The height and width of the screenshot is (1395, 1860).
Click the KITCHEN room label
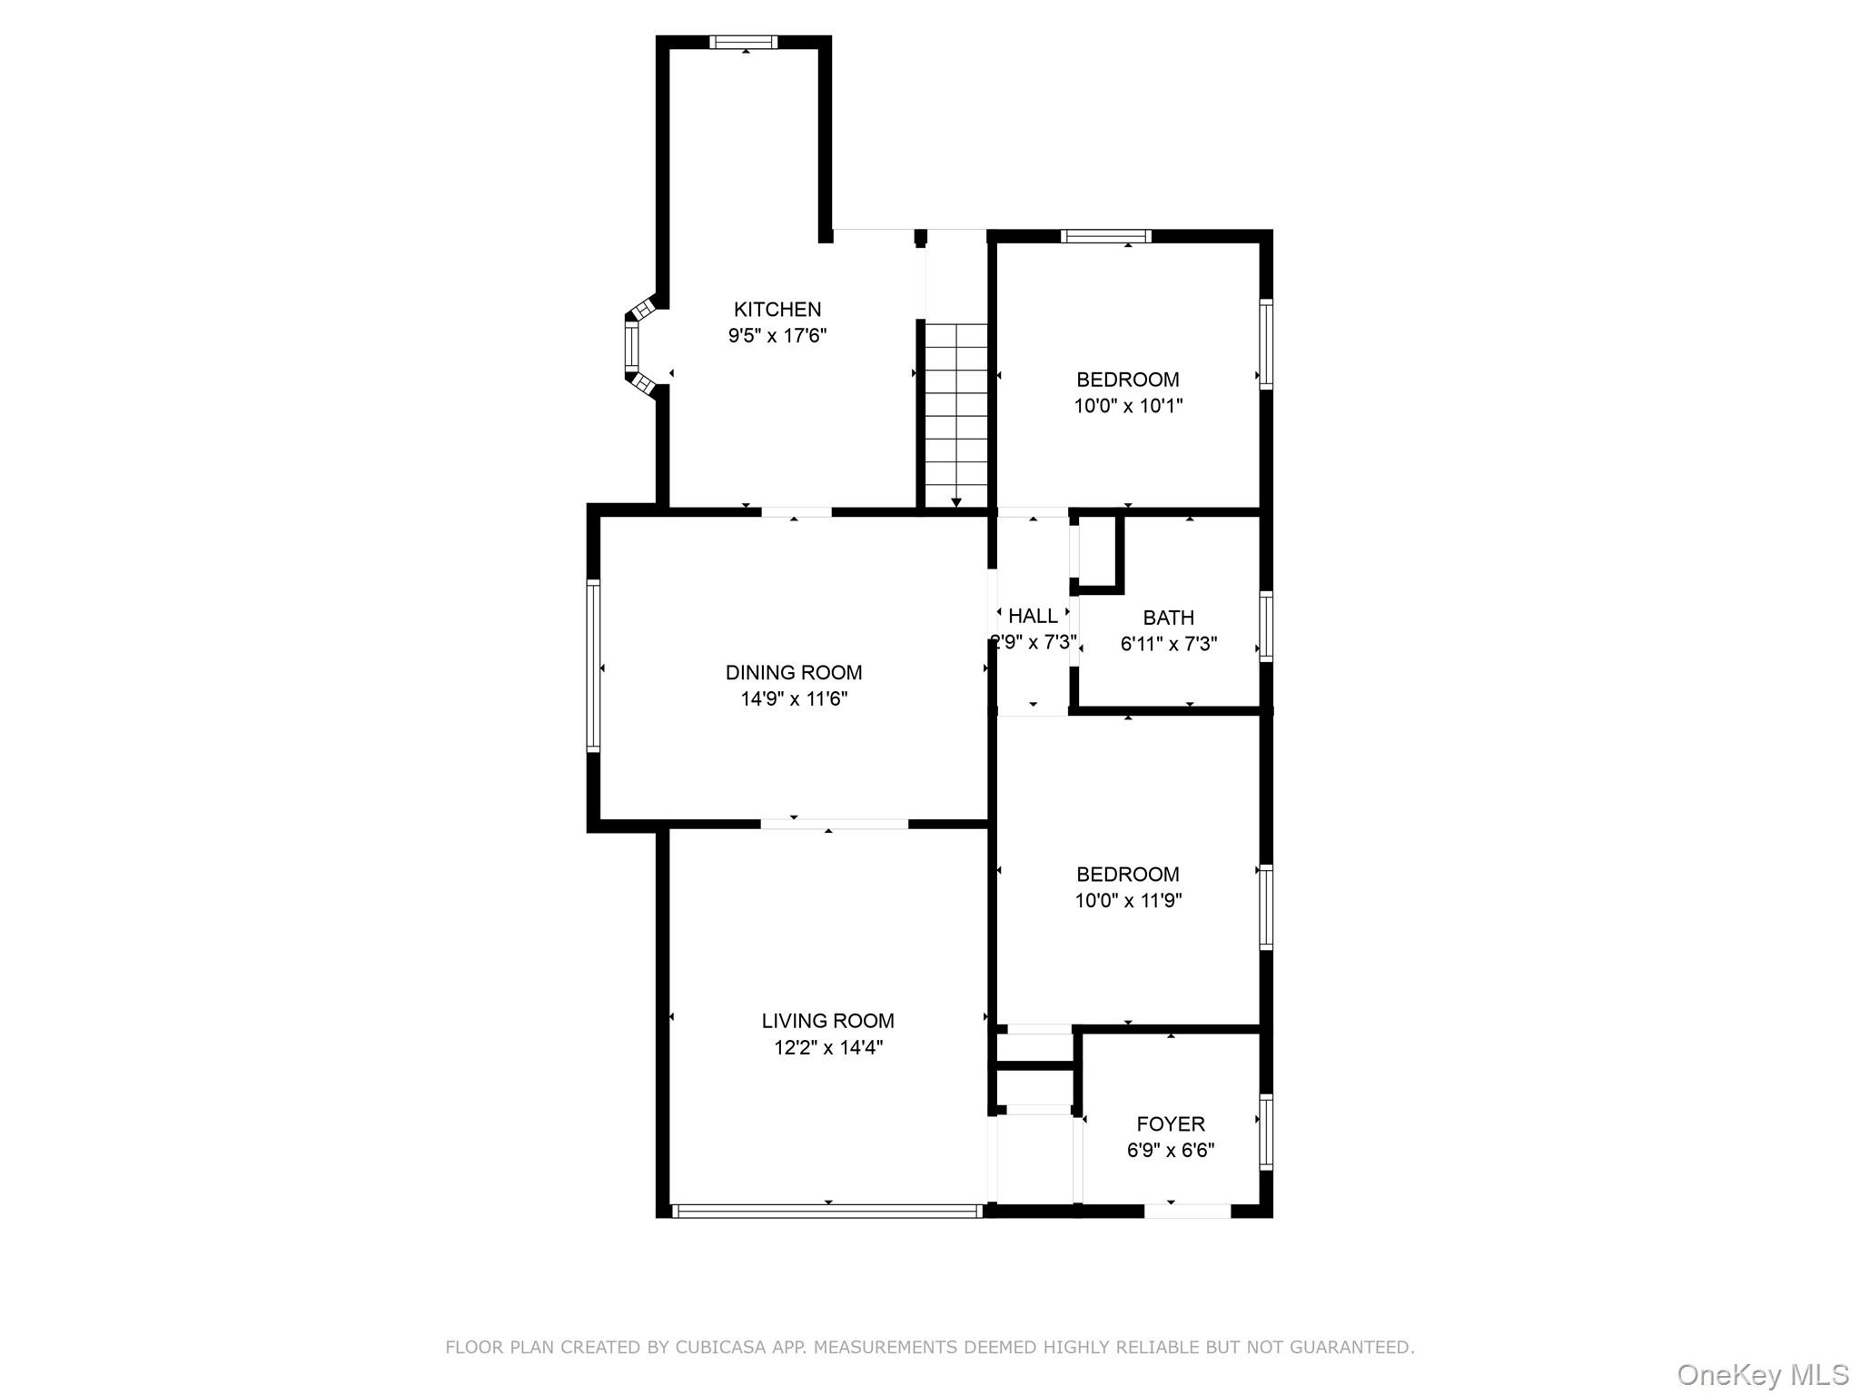777,310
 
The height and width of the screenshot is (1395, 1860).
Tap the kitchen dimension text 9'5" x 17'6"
777,336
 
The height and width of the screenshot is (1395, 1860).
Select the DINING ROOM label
794,673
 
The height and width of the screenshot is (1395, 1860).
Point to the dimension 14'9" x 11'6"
794,699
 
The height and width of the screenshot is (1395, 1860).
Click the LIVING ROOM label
827,1021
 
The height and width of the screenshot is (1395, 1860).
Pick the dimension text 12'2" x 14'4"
827,1048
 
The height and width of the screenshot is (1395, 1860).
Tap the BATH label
1168,618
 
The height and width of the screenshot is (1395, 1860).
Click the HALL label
1033,616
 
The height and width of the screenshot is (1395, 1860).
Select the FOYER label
1171,1124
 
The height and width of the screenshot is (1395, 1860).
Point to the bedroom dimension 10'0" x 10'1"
1128,406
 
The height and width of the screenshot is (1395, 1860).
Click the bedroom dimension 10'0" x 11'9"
1128,901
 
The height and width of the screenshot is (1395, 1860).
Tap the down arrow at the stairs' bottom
956,502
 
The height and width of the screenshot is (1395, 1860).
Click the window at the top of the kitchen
743,42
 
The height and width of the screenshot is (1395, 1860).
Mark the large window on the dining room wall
593,667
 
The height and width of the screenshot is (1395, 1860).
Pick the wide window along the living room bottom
826,1211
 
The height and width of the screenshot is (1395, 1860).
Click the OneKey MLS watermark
1762,1374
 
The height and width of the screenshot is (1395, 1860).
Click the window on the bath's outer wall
1266,625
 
